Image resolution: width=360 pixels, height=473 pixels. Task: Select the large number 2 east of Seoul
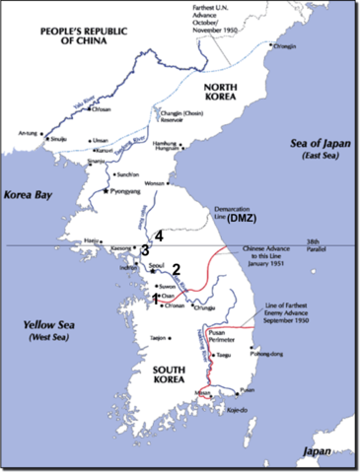pyautogui.click(x=177, y=269)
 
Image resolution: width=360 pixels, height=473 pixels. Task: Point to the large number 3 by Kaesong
pyautogui.click(x=144, y=250)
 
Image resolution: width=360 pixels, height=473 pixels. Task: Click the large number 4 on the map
pyautogui.click(x=158, y=236)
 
